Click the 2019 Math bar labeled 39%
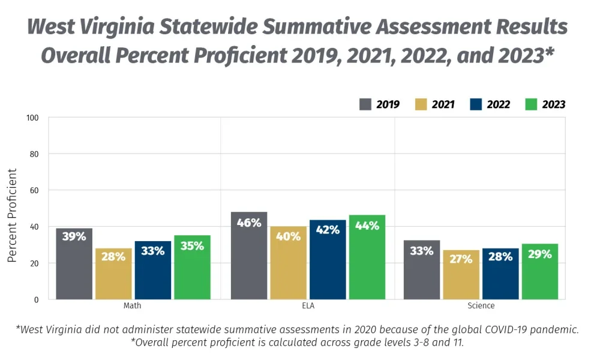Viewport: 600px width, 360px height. click(x=74, y=264)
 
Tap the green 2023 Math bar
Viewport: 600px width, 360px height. click(x=192, y=268)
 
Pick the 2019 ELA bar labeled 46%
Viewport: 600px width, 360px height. click(x=248, y=256)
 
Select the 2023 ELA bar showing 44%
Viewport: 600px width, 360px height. click(x=367, y=257)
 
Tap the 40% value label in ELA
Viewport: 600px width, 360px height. click(x=288, y=236)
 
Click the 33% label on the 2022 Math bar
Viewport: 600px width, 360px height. click(x=152, y=251)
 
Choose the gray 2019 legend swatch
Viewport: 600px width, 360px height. click(x=365, y=104)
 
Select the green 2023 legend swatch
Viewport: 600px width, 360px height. click(x=530, y=104)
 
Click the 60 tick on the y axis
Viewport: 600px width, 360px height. click(x=34, y=190)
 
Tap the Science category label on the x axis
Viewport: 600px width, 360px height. click(x=481, y=306)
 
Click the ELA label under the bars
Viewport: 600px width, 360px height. click(x=308, y=306)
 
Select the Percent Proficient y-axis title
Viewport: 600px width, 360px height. click(x=12, y=215)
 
